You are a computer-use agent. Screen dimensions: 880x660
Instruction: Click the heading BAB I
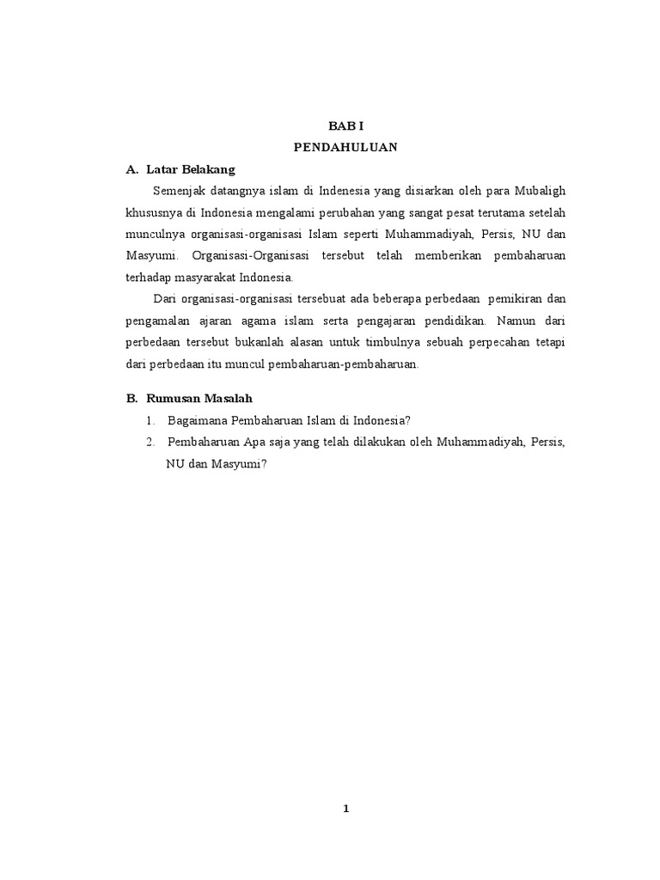(x=345, y=125)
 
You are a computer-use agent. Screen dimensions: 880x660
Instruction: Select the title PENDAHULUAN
(x=345, y=147)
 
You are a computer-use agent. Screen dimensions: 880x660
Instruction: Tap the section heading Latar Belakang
(x=191, y=169)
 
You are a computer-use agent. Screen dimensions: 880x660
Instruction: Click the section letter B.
(x=131, y=398)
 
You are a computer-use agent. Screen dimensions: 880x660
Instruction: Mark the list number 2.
(x=150, y=441)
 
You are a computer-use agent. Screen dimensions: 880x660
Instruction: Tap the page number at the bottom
(x=345, y=808)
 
